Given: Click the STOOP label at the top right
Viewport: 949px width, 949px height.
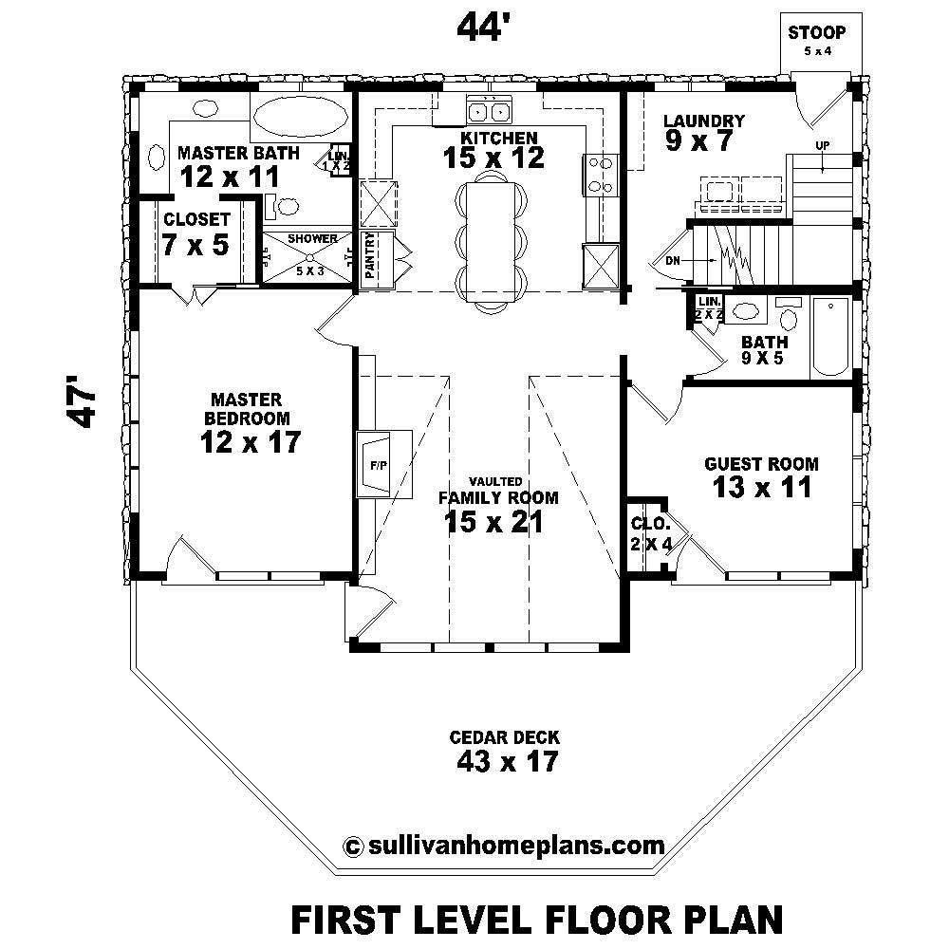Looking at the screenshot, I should (x=816, y=33).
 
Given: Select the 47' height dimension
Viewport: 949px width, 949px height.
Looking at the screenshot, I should (x=83, y=405).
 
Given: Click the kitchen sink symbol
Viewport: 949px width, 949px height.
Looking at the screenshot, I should (x=489, y=111).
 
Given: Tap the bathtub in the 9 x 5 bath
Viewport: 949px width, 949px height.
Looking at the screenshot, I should (x=832, y=337).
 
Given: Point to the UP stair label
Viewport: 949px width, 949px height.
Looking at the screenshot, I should (x=822, y=144).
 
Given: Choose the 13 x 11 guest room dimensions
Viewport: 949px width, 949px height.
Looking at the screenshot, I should (x=762, y=488).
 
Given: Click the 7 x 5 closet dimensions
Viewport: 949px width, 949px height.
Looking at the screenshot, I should (x=195, y=245).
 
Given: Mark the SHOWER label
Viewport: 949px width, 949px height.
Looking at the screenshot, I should (x=312, y=239).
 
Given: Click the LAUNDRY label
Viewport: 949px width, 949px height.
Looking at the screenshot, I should (x=703, y=121).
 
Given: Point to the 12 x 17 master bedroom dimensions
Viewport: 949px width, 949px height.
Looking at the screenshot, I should (x=251, y=441).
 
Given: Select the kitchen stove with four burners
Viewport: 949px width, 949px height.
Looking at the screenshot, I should (x=600, y=175).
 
